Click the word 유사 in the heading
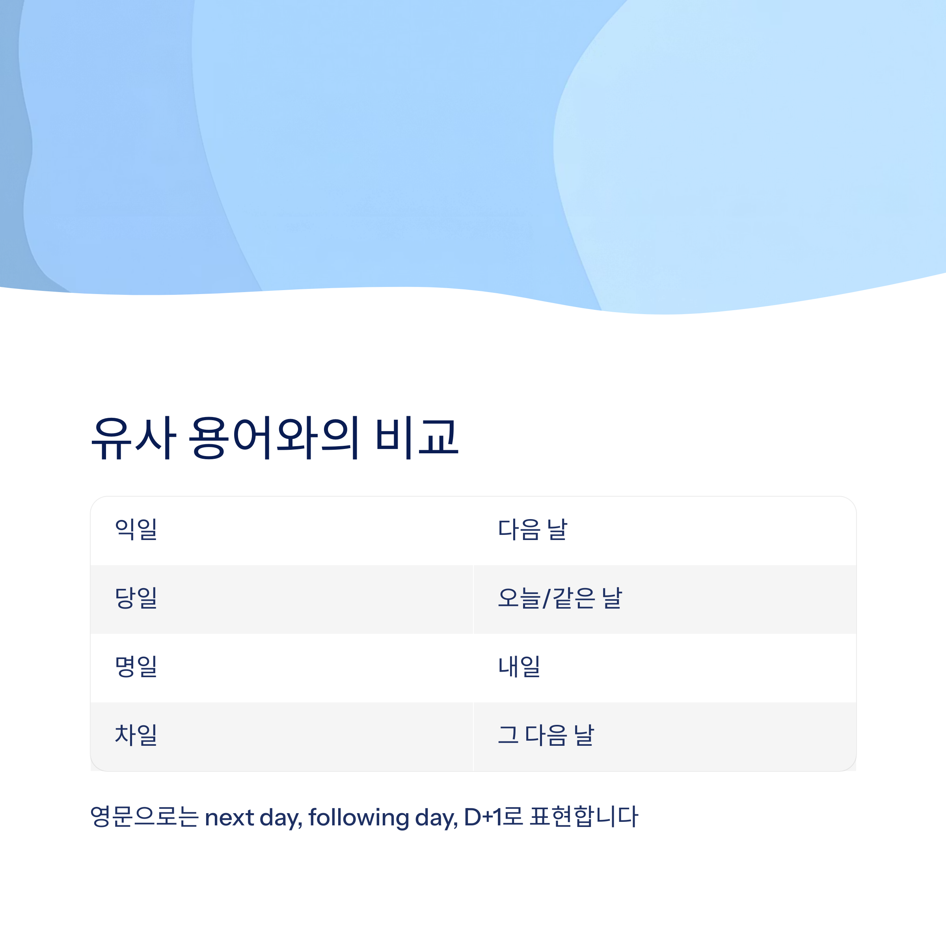[x=133, y=438]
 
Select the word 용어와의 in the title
[x=274, y=438]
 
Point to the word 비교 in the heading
[x=417, y=438]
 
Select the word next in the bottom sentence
[x=229, y=818]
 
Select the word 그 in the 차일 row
[x=508, y=735]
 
